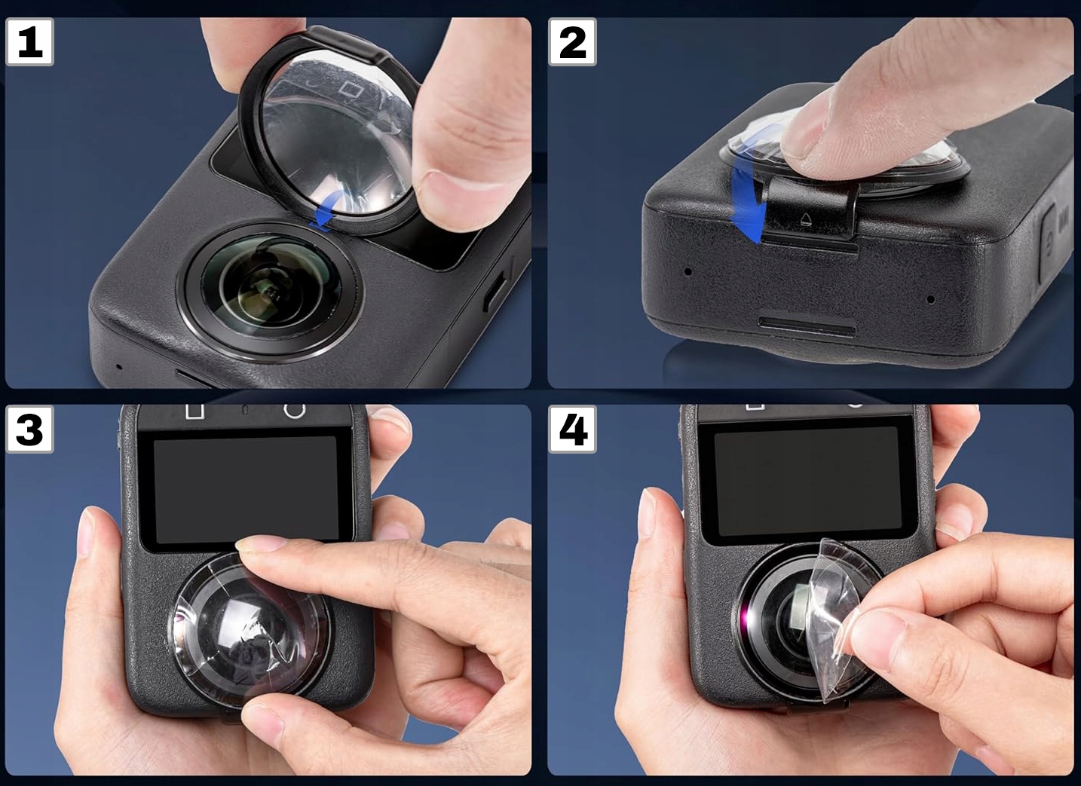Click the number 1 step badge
(29, 42)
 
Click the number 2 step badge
(572, 42)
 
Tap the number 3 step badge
(29, 429)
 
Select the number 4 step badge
(572, 429)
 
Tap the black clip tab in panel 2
(807, 215)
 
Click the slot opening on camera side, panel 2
(807, 326)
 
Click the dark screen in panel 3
(246, 489)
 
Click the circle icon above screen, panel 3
(295, 411)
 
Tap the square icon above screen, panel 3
(195, 411)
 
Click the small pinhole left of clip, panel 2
(688, 271)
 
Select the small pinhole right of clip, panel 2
(931, 299)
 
